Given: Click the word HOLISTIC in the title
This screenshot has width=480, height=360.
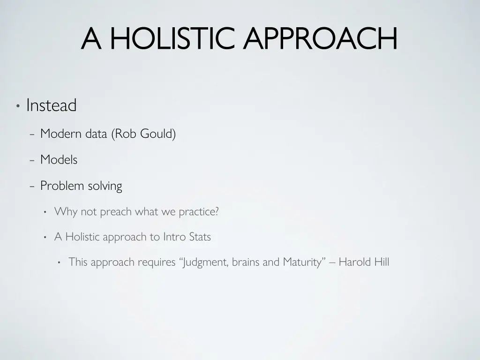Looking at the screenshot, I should [x=172, y=38].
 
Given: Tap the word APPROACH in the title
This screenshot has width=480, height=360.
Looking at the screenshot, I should [x=320, y=38].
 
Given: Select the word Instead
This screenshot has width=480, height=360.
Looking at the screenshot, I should [x=51, y=105].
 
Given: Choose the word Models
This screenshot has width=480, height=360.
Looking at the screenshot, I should [x=59, y=160].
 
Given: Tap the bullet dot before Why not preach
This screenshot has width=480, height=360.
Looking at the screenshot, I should [x=45, y=212].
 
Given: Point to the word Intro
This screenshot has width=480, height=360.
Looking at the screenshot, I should [x=174, y=237].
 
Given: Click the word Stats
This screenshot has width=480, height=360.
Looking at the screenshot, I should [x=200, y=237].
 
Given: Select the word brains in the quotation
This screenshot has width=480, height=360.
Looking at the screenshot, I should [x=246, y=262].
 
